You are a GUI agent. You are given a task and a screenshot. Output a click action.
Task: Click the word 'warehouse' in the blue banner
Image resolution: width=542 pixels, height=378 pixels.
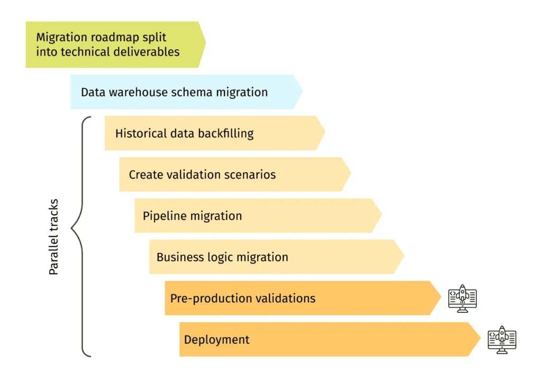(x=138, y=92)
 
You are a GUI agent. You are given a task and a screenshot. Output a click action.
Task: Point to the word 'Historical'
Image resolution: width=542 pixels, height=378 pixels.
(x=141, y=133)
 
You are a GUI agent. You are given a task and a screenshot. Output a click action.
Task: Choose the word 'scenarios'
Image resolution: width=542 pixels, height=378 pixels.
(x=248, y=175)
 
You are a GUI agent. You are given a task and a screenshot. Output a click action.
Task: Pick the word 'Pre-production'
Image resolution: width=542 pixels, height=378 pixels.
(x=211, y=299)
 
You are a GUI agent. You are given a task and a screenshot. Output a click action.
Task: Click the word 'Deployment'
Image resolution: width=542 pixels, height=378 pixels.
(x=216, y=340)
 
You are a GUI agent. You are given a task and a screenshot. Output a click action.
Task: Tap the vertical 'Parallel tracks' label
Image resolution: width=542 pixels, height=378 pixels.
(x=53, y=237)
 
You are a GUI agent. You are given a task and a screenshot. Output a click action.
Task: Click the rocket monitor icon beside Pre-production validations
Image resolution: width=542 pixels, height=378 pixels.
(x=462, y=299)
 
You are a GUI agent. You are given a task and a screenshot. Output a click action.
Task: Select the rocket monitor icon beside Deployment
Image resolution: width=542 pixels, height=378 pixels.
(x=502, y=340)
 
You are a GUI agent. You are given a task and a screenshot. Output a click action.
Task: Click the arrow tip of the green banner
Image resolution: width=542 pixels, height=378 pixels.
(x=204, y=44)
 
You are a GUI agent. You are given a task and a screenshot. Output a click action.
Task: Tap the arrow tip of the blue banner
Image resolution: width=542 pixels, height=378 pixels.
(x=302, y=92)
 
